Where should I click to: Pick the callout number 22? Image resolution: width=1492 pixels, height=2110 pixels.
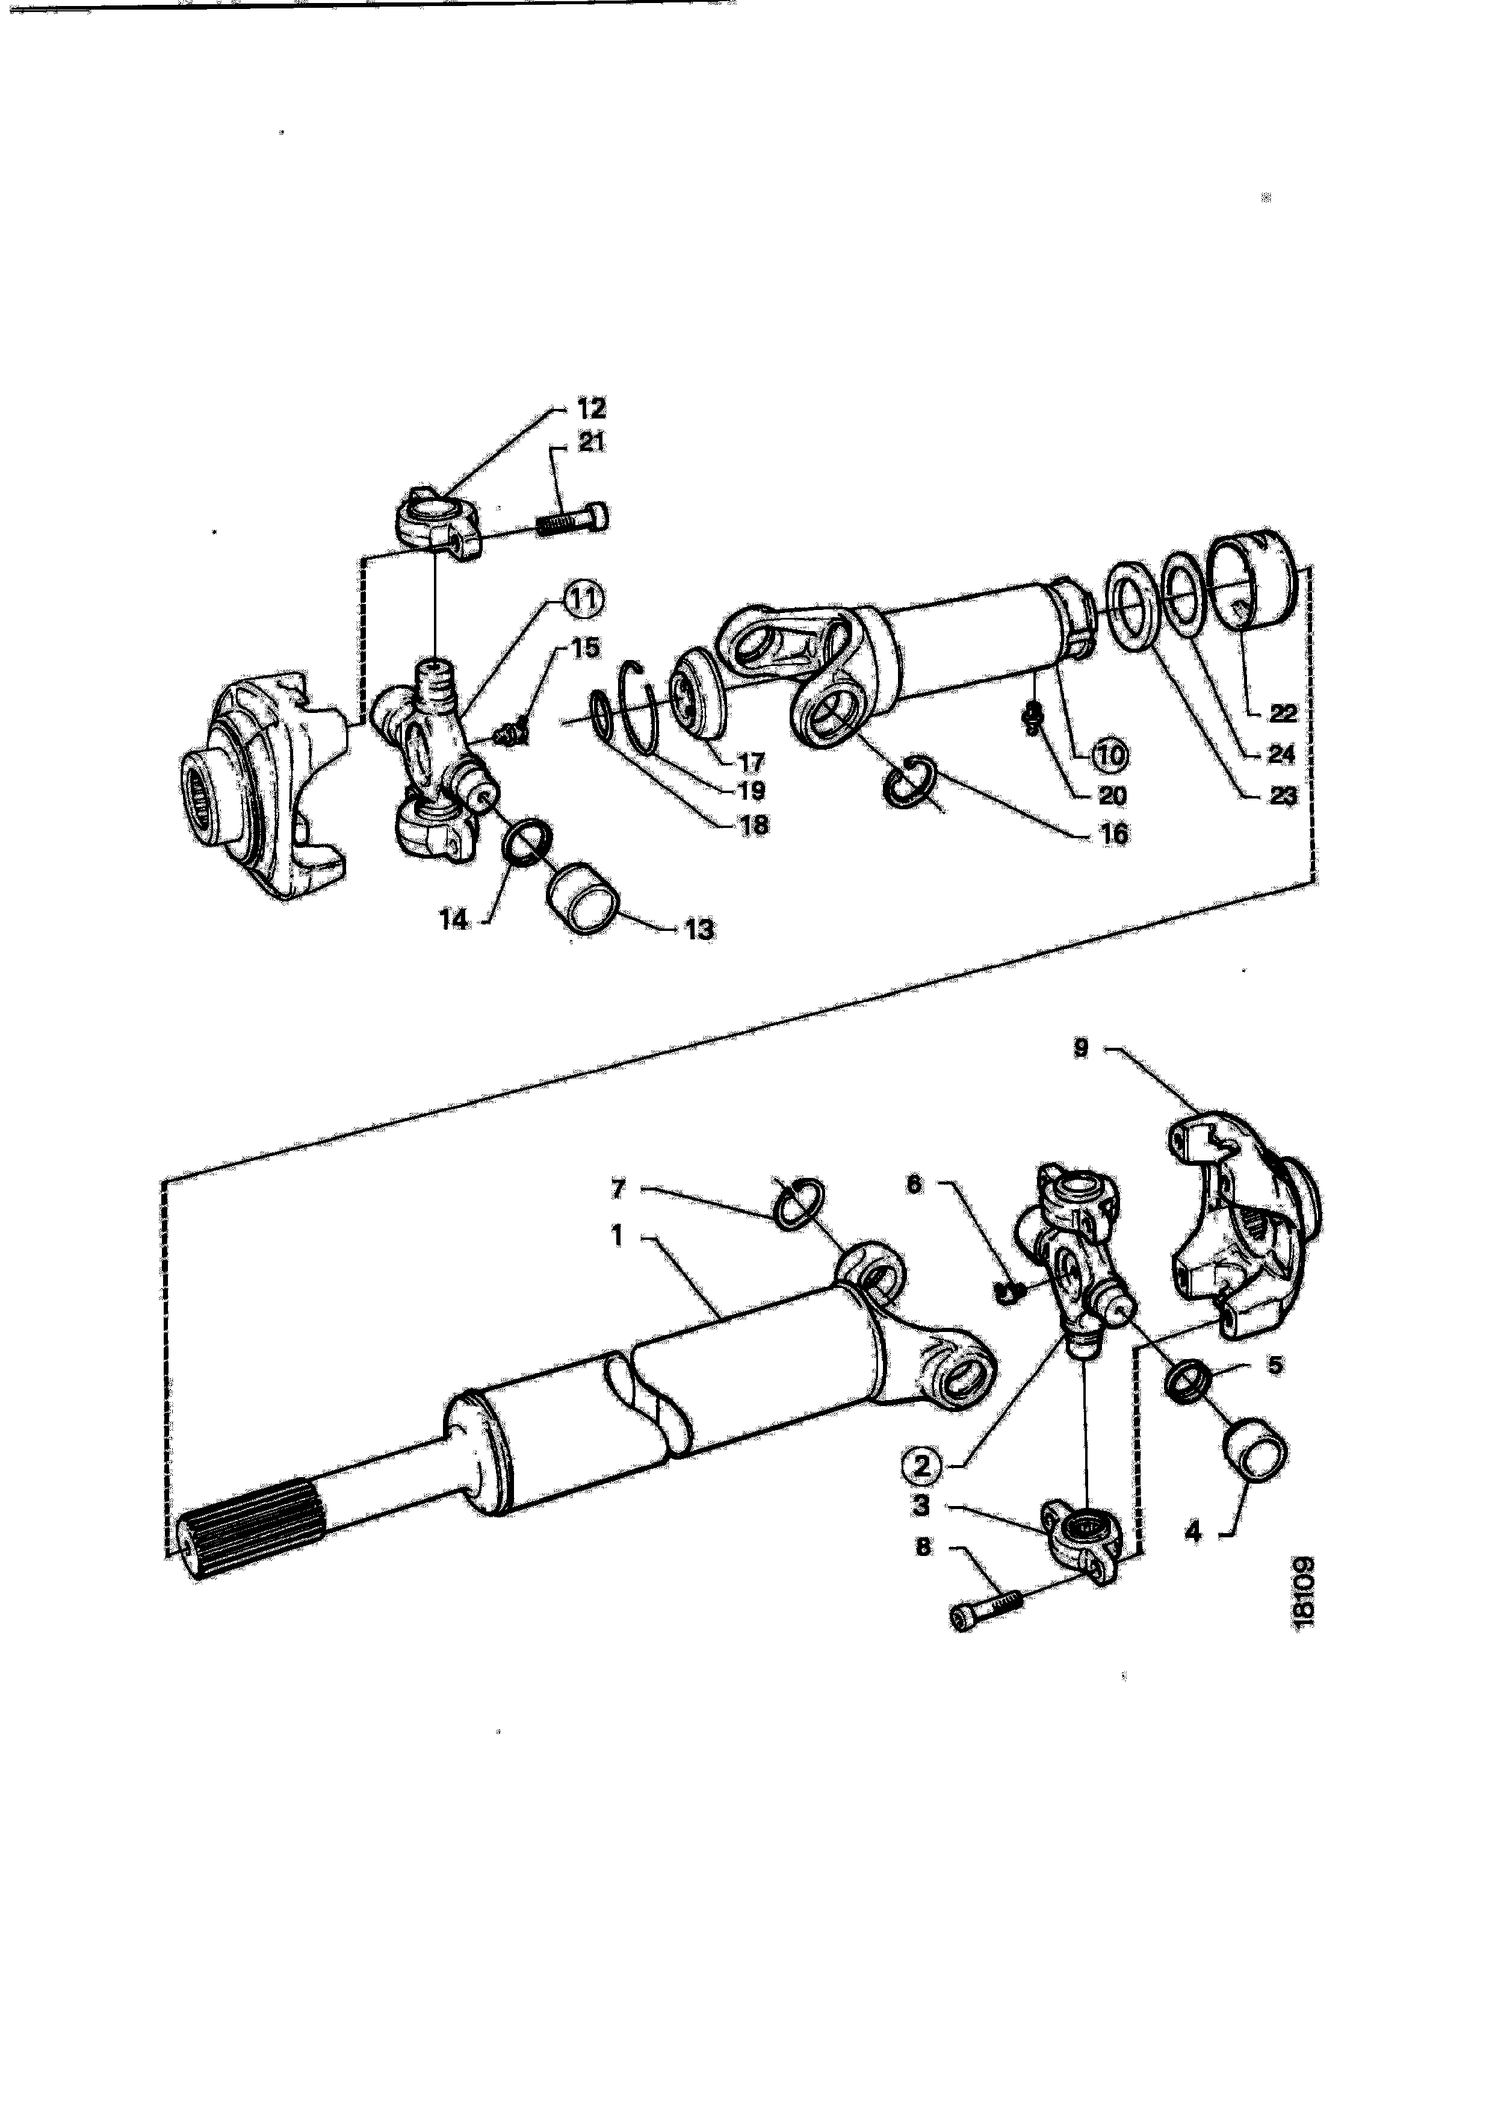(1283, 713)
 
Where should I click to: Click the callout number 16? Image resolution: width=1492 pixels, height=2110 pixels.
(1113, 835)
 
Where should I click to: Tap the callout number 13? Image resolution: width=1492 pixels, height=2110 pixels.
(698, 930)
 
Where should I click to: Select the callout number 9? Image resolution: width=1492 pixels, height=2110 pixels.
(1082, 1048)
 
